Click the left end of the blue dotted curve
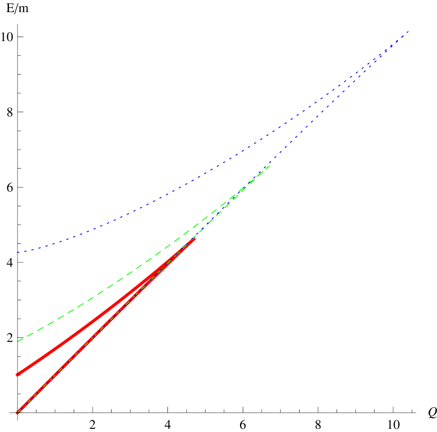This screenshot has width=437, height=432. pos(18,252)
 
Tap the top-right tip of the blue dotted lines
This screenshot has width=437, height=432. pos(409,31)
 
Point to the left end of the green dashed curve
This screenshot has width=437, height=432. pos(18,341)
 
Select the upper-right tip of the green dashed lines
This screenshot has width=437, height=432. pos(270,165)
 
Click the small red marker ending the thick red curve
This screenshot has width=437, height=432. pos(17,375)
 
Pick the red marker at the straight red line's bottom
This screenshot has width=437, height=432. pos(17,413)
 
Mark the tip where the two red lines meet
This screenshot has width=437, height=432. pos(195,239)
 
